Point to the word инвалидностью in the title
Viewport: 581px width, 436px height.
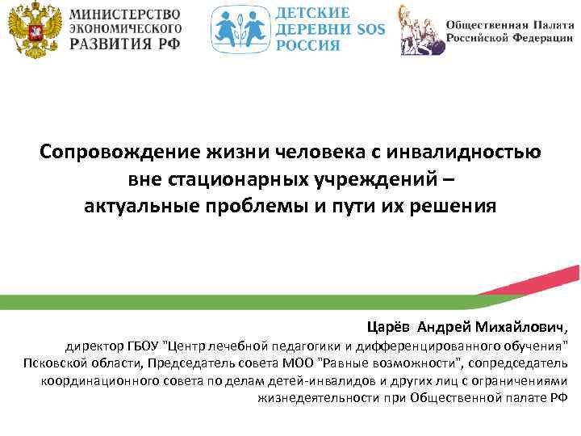click(451, 151)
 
